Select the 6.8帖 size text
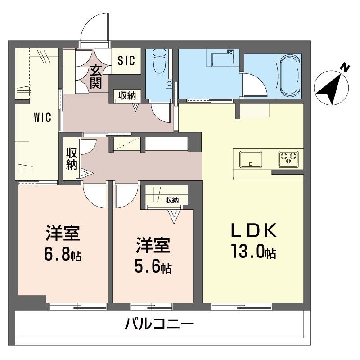pyautogui.click(x=63, y=255)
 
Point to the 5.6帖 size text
pyautogui.click(x=153, y=267)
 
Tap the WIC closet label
pyautogui.click(x=42, y=118)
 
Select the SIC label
pyautogui.click(x=126, y=61)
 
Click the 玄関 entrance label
pyautogui.click(x=96, y=77)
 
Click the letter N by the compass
pyautogui.click(x=344, y=68)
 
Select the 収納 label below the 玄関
pyautogui.click(x=127, y=95)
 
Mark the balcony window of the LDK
pyautogui.click(x=242, y=307)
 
